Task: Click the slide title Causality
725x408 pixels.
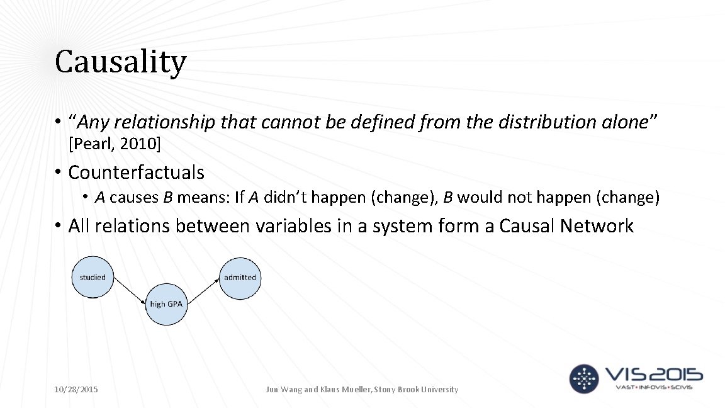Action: point(120,62)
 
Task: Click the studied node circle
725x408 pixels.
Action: point(93,277)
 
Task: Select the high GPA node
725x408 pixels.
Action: point(166,304)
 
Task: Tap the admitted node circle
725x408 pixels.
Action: point(240,277)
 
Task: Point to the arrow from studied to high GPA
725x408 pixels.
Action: point(129,290)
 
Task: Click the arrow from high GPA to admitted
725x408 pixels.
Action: point(203,290)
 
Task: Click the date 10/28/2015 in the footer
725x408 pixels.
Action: point(76,390)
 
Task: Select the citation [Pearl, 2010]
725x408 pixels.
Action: point(115,145)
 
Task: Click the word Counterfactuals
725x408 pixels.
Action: point(136,172)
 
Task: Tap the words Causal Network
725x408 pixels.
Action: point(566,225)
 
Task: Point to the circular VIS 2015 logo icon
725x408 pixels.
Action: point(585,378)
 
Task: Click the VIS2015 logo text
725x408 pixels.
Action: point(654,376)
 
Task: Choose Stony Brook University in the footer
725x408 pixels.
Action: point(417,390)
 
